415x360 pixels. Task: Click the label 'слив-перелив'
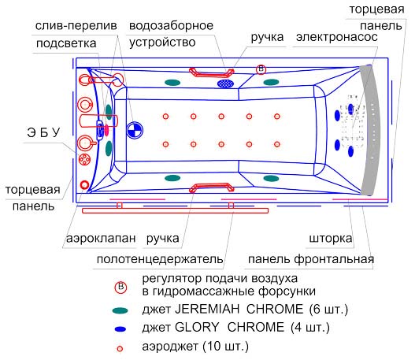click(x=76, y=26)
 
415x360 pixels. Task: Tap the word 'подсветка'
click(x=66, y=43)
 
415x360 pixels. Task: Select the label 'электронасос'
click(x=337, y=37)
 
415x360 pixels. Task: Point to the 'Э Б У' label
click(x=43, y=132)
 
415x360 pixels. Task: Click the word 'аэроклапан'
click(x=101, y=239)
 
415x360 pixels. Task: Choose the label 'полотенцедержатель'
click(x=160, y=259)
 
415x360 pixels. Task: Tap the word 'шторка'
click(x=331, y=239)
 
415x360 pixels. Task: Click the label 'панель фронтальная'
click(x=311, y=259)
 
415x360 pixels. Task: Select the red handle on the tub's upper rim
click(x=212, y=72)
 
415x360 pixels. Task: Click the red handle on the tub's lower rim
click(x=212, y=187)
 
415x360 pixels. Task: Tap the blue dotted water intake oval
click(x=225, y=84)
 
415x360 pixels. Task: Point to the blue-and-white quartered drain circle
click(x=135, y=130)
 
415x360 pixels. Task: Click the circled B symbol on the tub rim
click(x=261, y=69)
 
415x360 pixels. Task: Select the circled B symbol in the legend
click(x=120, y=288)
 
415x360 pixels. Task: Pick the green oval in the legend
click(x=120, y=310)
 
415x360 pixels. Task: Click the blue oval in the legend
click(x=120, y=329)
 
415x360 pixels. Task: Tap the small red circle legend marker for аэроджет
click(x=120, y=349)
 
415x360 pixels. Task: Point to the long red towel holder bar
click(x=175, y=210)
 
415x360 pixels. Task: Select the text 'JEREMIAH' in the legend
click(x=207, y=309)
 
